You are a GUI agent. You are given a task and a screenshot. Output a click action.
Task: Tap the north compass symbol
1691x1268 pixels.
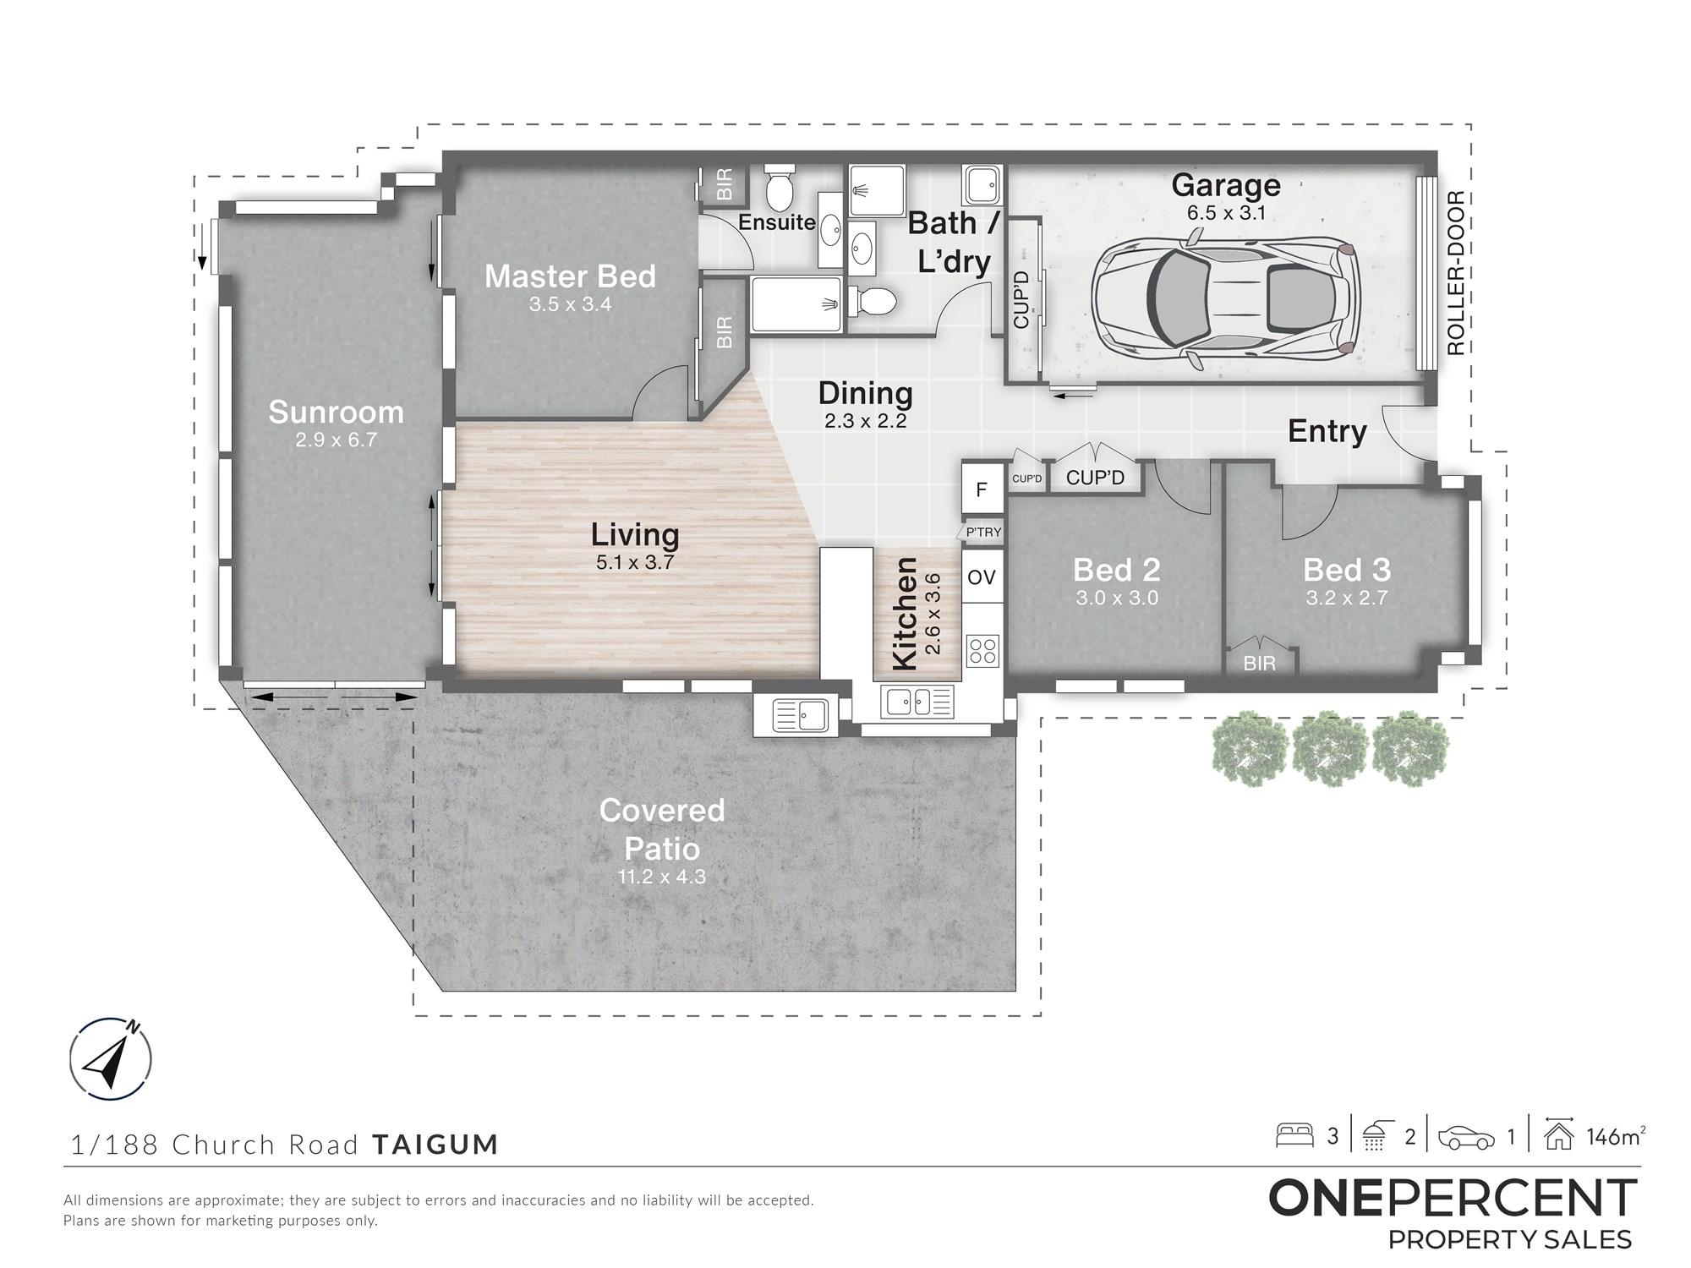[x=111, y=1058]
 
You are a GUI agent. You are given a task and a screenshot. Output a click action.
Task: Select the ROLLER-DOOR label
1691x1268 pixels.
[x=1456, y=273]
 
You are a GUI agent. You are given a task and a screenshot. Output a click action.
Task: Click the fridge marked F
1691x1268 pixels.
[x=982, y=488]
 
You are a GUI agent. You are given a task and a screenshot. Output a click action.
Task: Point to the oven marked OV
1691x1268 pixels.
[x=982, y=577]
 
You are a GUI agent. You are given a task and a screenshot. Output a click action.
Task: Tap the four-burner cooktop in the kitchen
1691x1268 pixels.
[x=982, y=651]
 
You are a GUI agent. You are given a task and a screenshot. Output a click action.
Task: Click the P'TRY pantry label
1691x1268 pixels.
[x=983, y=532]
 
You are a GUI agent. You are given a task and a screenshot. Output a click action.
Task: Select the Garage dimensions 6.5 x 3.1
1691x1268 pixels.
[x=1226, y=213]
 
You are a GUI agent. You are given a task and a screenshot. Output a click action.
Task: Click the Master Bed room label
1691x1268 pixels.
[x=570, y=276]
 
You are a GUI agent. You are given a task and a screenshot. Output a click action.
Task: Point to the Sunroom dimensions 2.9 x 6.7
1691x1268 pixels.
[x=336, y=440]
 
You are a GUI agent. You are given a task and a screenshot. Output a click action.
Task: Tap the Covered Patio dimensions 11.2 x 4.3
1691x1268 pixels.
[x=661, y=877]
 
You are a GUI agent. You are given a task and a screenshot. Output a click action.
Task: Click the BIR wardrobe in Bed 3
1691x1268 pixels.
[x=1260, y=660]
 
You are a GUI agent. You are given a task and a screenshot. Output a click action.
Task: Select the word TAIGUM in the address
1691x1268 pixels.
[x=435, y=1145]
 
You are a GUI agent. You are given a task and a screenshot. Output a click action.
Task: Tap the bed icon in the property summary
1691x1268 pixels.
[x=1294, y=1134]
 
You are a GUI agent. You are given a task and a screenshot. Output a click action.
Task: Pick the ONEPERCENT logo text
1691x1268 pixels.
[x=1453, y=1199]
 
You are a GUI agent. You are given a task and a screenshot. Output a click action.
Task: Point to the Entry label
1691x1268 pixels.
[x=1327, y=431]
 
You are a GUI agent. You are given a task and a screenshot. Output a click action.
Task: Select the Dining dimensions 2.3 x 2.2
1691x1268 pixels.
[x=866, y=421]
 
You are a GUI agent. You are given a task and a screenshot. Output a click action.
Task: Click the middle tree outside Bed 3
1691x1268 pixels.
[x=1331, y=748]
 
